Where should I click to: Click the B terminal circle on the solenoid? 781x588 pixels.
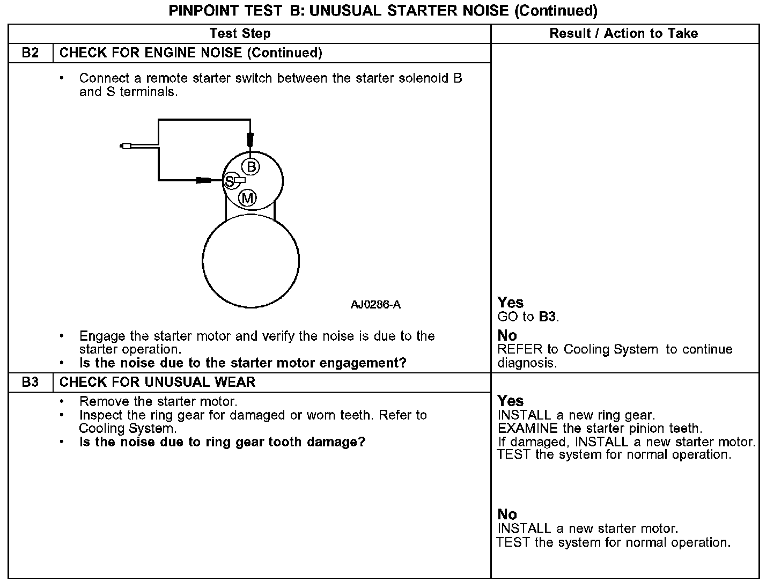tap(250, 166)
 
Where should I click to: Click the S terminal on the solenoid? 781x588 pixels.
tap(230, 181)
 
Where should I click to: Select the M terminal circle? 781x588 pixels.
tap(247, 199)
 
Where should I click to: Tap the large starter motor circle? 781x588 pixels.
tap(250, 261)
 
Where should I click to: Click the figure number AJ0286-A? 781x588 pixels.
tap(375, 305)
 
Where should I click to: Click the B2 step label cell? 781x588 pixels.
tap(31, 53)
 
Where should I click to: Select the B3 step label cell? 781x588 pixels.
tap(31, 383)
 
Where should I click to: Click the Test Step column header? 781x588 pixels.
tap(240, 33)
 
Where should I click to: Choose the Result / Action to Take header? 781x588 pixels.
tap(623, 33)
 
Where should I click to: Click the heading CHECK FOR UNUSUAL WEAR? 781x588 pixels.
tap(157, 383)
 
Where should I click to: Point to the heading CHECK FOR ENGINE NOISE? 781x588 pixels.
tap(191, 53)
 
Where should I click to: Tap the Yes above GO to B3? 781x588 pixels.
tap(510, 303)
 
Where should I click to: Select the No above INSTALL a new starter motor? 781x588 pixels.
tap(507, 514)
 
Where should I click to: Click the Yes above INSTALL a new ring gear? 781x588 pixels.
tap(510, 401)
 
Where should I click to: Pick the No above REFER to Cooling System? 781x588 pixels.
tap(507, 335)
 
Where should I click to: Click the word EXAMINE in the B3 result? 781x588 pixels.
tap(528, 429)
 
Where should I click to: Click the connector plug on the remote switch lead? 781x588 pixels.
tap(126, 145)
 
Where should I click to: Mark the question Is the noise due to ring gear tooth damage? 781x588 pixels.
tap(222, 442)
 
